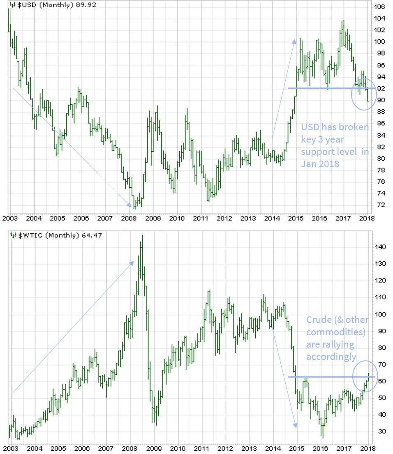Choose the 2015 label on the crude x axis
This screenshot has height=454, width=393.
point(297,448)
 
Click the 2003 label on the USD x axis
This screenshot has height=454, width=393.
point(10,218)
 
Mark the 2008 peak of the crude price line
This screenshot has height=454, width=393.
point(142,235)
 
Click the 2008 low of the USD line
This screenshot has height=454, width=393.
point(135,208)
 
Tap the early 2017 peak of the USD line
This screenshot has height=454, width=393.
point(343,21)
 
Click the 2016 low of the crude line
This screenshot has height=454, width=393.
point(323,438)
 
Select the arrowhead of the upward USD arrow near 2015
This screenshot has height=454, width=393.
point(294,40)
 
